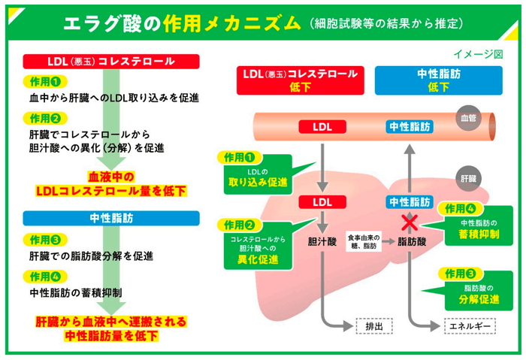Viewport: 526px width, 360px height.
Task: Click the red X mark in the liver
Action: click(409, 221)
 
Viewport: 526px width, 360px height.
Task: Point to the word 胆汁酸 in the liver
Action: click(321, 242)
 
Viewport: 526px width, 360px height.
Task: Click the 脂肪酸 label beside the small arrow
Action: click(411, 242)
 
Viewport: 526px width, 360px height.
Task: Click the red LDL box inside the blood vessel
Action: click(322, 126)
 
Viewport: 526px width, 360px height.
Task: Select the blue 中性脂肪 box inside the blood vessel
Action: click(409, 126)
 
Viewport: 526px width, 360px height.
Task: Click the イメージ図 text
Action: click(478, 55)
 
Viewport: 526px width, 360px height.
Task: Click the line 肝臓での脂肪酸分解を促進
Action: click(91, 256)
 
